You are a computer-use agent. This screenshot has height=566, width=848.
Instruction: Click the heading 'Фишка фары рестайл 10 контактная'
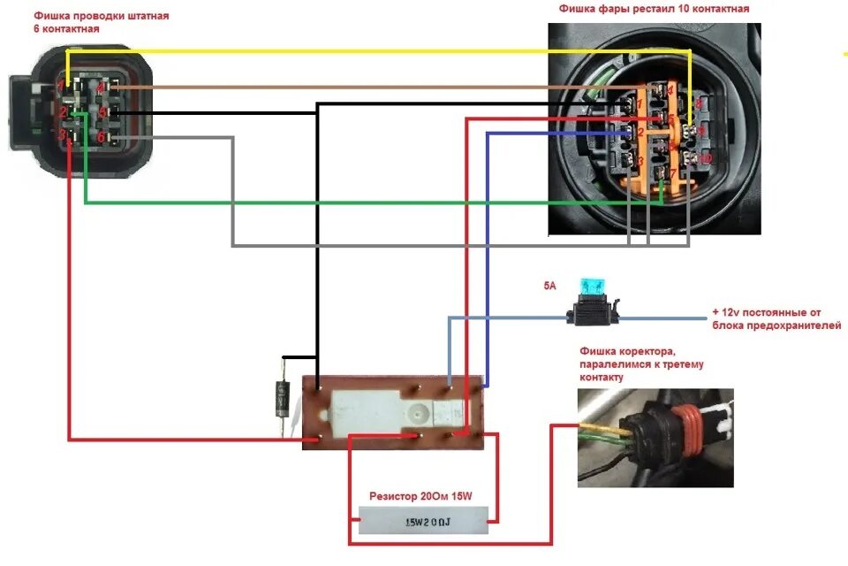pyautogui.click(x=653, y=9)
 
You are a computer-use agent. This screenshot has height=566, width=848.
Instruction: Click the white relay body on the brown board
pyautogui.click(x=380, y=411)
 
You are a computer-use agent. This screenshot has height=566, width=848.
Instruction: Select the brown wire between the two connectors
pyautogui.click(x=353, y=88)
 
